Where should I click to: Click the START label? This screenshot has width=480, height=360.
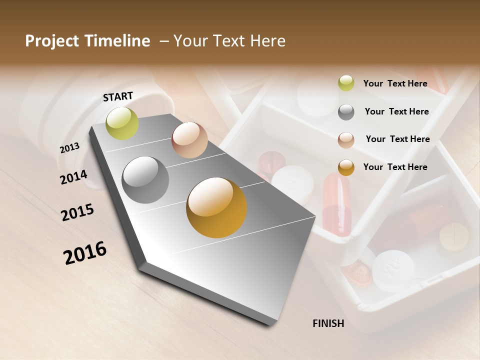pyautogui.click(x=118, y=96)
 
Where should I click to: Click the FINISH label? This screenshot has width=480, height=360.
pyautogui.click(x=328, y=323)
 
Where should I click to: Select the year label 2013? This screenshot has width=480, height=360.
pyautogui.click(x=69, y=148)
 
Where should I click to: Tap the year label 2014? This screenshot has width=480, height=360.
pyautogui.click(x=73, y=177)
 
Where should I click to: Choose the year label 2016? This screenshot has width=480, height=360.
pyautogui.click(x=85, y=253)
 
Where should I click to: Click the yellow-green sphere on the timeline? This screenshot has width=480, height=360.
pyautogui.click(x=122, y=123)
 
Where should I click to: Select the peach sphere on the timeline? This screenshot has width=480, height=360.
pyautogui.click(x=189, y=140)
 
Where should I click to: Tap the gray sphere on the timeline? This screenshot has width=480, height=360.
pyautogui.click(x=145, y=180)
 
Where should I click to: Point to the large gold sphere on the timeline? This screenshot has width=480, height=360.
pyautogui.click(x=216, y=207)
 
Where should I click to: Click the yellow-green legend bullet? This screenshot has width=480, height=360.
pyautogui.click(x=346, y=83)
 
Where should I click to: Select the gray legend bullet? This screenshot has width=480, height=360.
pyautogui.click(x=346, y=112)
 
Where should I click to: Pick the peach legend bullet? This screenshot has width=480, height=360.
pyautogui.click(x=346, y=140)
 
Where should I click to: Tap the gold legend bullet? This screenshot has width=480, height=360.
pyautogui.click(x=346, y=167)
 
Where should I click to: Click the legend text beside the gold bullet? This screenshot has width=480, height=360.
pyautogui.click(x=395, y=167)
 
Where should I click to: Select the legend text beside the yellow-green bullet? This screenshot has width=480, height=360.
pyautogui.click(x=395, y=83)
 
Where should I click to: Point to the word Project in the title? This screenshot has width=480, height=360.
pyautogui.click(x=51, y=41)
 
